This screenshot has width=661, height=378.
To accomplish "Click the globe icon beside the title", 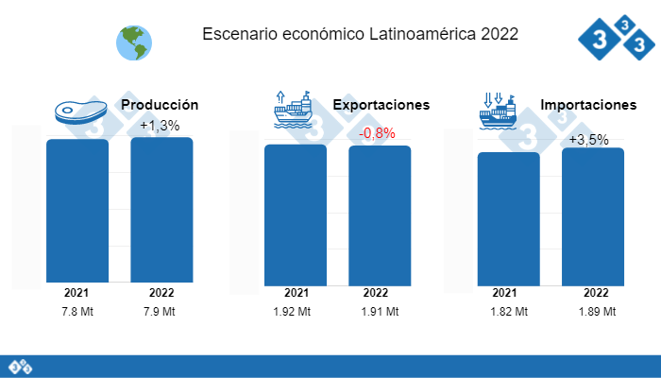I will (133, 40).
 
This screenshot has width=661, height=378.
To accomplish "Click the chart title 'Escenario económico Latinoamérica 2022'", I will (360, 35).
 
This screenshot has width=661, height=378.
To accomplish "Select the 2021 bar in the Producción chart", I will (77, 210).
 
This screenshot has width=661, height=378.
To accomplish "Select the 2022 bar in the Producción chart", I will (161, 209).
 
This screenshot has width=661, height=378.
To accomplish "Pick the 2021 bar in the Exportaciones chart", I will (296, 214).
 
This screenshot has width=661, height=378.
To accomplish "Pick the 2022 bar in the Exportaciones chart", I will (380, 215).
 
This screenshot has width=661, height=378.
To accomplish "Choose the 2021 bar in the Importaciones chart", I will (509, 217).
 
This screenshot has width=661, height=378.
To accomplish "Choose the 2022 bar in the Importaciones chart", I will (593, 215).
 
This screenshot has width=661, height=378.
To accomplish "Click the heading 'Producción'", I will (160, 105).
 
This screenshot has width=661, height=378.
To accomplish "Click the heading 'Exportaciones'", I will (381, 105).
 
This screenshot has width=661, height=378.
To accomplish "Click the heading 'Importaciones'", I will (588, 105).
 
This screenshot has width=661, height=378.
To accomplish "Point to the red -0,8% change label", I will (377, 133).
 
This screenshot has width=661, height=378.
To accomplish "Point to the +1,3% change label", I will (160, 125).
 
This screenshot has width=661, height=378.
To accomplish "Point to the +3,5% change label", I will (588, 140).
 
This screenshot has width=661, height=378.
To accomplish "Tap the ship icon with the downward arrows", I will (500, 112).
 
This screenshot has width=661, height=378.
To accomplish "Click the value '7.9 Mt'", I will (161, 312).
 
